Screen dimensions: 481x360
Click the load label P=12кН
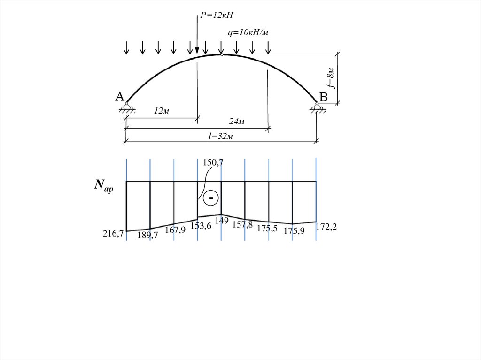tap(217, 15)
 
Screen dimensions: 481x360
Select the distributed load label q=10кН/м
tap(248, 32)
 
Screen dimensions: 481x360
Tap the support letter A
tap(120, 97)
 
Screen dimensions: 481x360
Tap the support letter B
tap(323, 97)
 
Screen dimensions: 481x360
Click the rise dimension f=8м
tap(331, 77)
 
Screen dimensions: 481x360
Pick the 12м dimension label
tap(162, 111)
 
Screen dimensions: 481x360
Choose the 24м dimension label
tap(237, 122)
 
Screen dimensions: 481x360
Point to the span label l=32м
tap(221, 136)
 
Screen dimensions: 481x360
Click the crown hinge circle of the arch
tap(222, 54)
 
